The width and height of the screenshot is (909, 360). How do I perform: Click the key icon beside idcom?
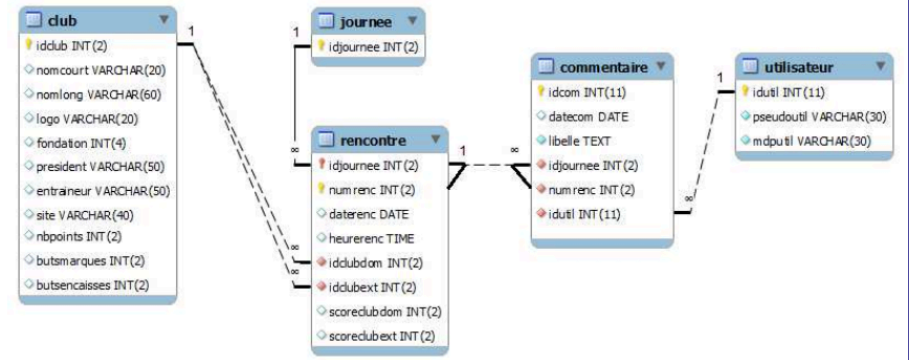click(x=539, y=92)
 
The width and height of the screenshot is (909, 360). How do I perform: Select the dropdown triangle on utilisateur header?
click(x=880, y=67)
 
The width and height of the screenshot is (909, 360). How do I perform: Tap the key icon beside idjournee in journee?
click(x=322, y=45)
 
